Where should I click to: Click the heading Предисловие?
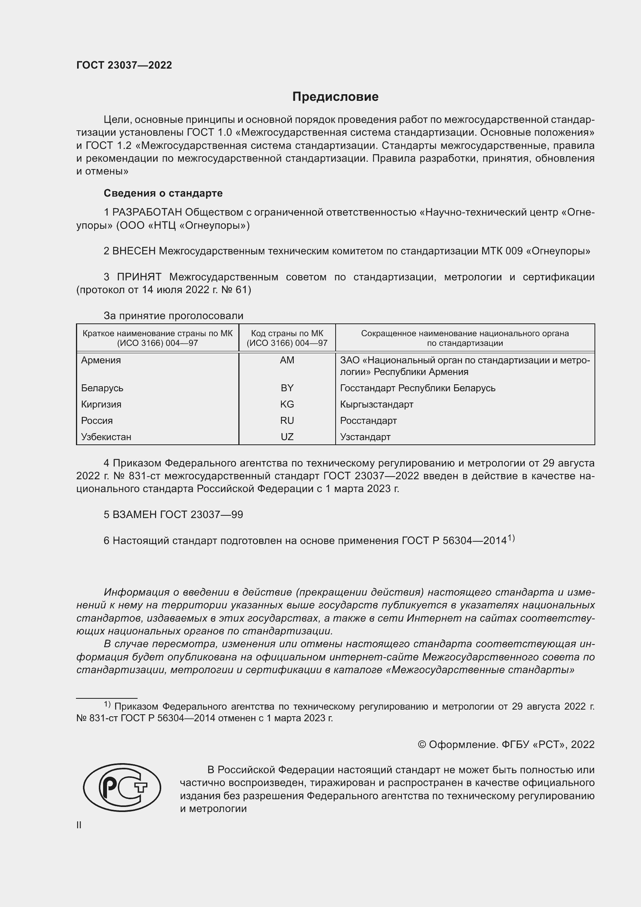pyautogui.click(x=335, y=97)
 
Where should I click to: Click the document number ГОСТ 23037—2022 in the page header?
pyautogui.click(x=124, y=65)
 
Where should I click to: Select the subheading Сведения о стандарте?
pyautogui.click(x=163, y=193)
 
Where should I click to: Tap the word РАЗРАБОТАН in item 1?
pyautogui.click(x=147, y=212)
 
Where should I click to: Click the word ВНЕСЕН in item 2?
pyautogui.click(x=134, y=251)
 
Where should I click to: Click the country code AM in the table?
pyautogui.click(x=287, y=360)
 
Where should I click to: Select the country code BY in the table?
pyautogui.click(x=287, y=388)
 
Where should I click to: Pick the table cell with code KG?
pyautogui.click(x=287, y=404)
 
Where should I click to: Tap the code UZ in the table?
pyautogui.click(x=287, y=437)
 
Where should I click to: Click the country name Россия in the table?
pyautogui.click(x=97, y=421)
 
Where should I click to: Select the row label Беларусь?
pyautogui.click(x=102, y=388)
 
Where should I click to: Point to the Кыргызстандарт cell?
pyautogui.click(x=377, y=404)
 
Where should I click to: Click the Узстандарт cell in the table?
pyautogui.click(x=365, y=437)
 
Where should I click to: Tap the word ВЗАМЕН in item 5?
pyautogui.click(x=134, y=515)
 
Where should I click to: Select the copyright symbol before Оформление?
pyautogui.click(x=422, y=745)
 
